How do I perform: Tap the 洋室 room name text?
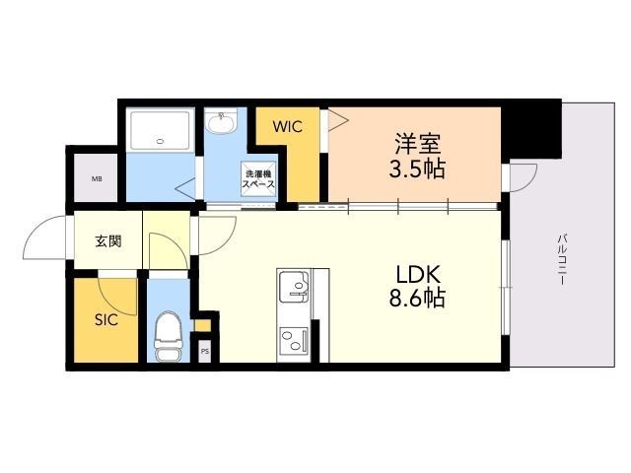tap(416, 142)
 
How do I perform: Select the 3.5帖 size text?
tap(416, 169)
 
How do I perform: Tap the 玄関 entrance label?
tap(108, 241)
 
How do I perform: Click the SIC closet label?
tap(106, 320)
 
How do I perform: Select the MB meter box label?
tap(97, 179)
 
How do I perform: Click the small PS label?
tap(205, 350)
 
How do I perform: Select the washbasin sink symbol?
tap(222, 125)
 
